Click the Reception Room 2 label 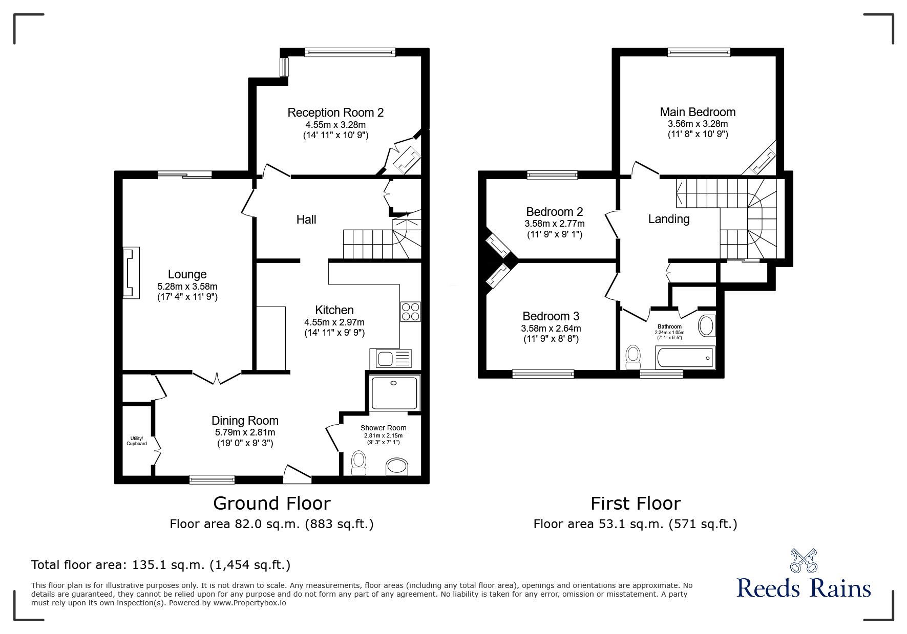click(x=335, y=113)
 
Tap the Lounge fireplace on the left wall click(x=131, y=273)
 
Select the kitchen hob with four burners click(x=411, y=312)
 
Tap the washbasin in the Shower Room click(x=397, y=467)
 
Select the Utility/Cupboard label click(x=137, y=441)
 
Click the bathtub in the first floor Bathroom click(x=685, y=357)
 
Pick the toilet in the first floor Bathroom click(x=633, y=357)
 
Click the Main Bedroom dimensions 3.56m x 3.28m click(x=698, y=124)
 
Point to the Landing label click(x=669, y=219)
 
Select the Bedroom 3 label click(x=551, y=316)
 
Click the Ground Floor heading click(x=272, y=504)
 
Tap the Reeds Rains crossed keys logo click(x=804, y=560)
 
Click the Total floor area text click(x=161, y=565)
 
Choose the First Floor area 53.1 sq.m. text click(x=636, y=524)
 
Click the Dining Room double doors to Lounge click(x=217, y=378)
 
